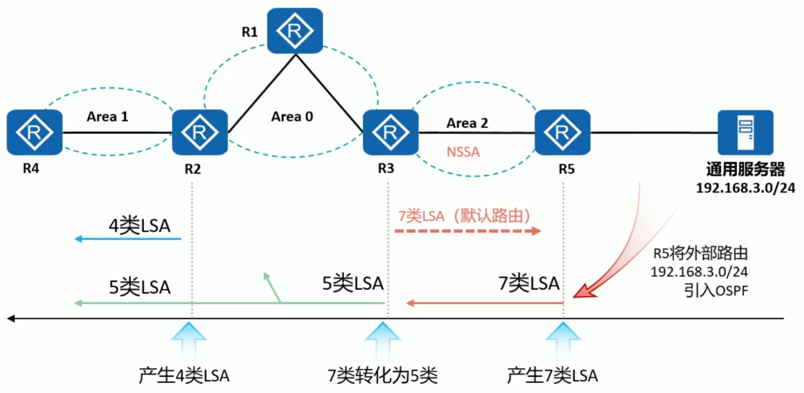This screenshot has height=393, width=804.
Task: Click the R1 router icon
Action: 295,30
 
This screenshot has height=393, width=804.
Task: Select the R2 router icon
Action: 200,132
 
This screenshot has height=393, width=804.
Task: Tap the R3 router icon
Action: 390,132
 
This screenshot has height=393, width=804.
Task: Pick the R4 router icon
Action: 34,132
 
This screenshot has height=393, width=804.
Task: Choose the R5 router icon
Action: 562,132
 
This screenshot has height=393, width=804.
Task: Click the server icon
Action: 745,132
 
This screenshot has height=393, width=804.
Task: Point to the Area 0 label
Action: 292,116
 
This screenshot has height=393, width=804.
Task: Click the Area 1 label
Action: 107,116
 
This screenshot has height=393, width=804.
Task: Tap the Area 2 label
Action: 467,123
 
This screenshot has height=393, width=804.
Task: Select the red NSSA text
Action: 463,152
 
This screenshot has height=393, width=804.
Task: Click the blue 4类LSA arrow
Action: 128,239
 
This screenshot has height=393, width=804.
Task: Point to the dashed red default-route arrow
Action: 467,231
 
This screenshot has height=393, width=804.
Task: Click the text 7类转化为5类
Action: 383,376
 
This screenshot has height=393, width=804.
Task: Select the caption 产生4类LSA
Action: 184,376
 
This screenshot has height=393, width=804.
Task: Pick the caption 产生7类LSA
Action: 552,376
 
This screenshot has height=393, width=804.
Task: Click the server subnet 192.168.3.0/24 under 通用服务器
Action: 745,188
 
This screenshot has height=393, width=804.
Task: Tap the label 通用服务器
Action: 745,169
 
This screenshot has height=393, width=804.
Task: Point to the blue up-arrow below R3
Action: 383,339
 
